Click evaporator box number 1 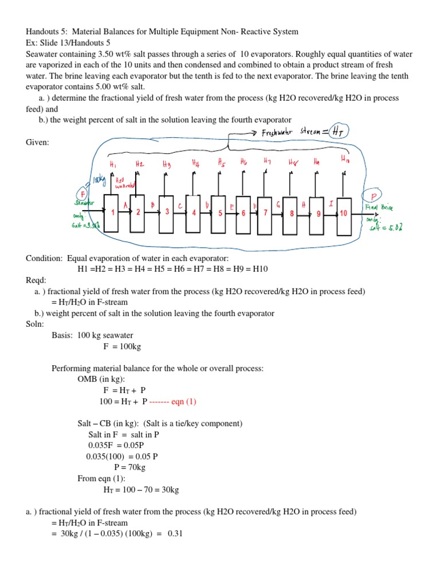point(111,213)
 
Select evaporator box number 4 point(194,213)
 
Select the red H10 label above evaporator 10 point(344,159)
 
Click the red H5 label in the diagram point(221,163)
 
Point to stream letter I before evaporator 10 point(331,204)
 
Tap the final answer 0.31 point(175,533)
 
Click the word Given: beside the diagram point(37,142)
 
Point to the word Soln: point(36,324)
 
